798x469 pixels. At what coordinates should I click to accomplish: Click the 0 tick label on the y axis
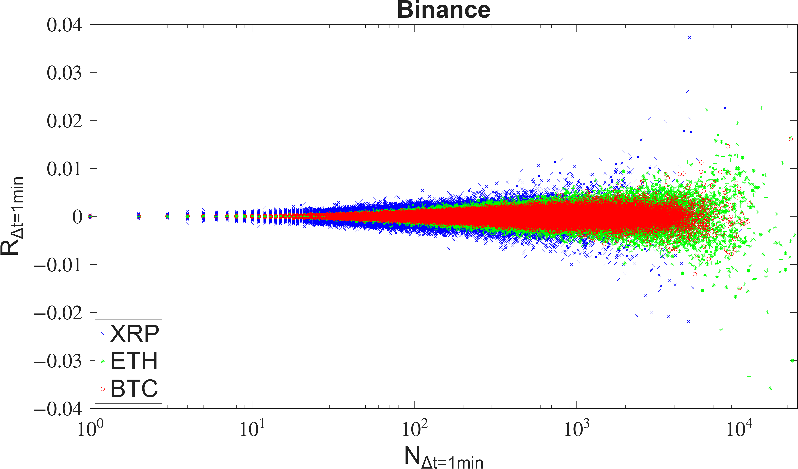tap(77, 217)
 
